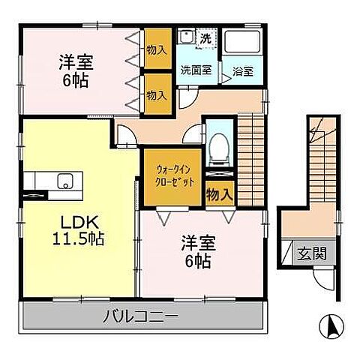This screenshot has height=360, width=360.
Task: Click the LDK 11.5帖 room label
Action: tap(77, 231)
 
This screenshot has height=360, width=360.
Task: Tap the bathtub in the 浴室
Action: tap(241, 45)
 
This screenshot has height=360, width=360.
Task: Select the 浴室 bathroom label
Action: tap(242, 72)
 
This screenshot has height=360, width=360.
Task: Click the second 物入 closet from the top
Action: tap(156, 95)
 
